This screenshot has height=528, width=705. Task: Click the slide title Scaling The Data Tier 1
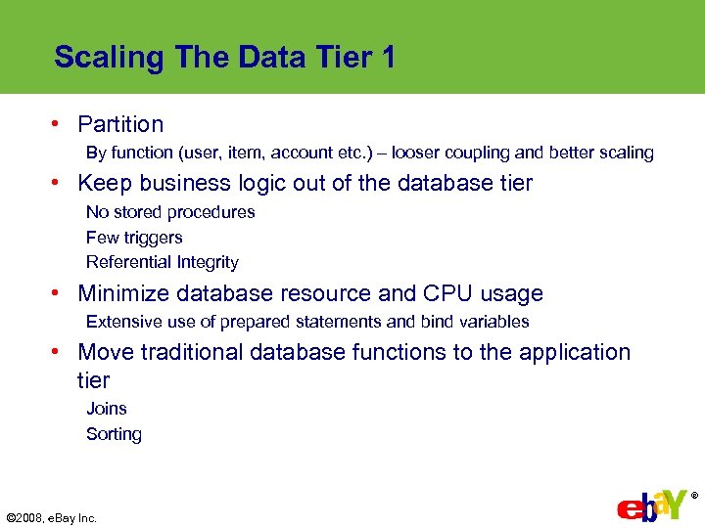(x=225, y=58)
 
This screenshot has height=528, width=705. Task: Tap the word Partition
(x=120, y=124)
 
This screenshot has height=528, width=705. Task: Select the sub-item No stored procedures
(x=170, y=212)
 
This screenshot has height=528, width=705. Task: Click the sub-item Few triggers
(x=134, y=238)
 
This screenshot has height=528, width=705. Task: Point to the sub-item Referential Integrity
(x=163, y=262)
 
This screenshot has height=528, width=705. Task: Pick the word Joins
(x=107, y=409)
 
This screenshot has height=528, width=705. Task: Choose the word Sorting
(x=114, y=434)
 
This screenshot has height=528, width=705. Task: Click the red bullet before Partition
(x=59, y=124)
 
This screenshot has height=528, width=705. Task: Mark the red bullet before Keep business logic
(x=59, y=183)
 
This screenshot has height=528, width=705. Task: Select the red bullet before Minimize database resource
(x=59, y=293)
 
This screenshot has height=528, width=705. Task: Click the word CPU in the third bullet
(x=449, y=293)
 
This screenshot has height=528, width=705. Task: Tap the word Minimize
(x=121, y=293)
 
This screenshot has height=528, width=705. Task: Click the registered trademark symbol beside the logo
(x=694, y=496)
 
